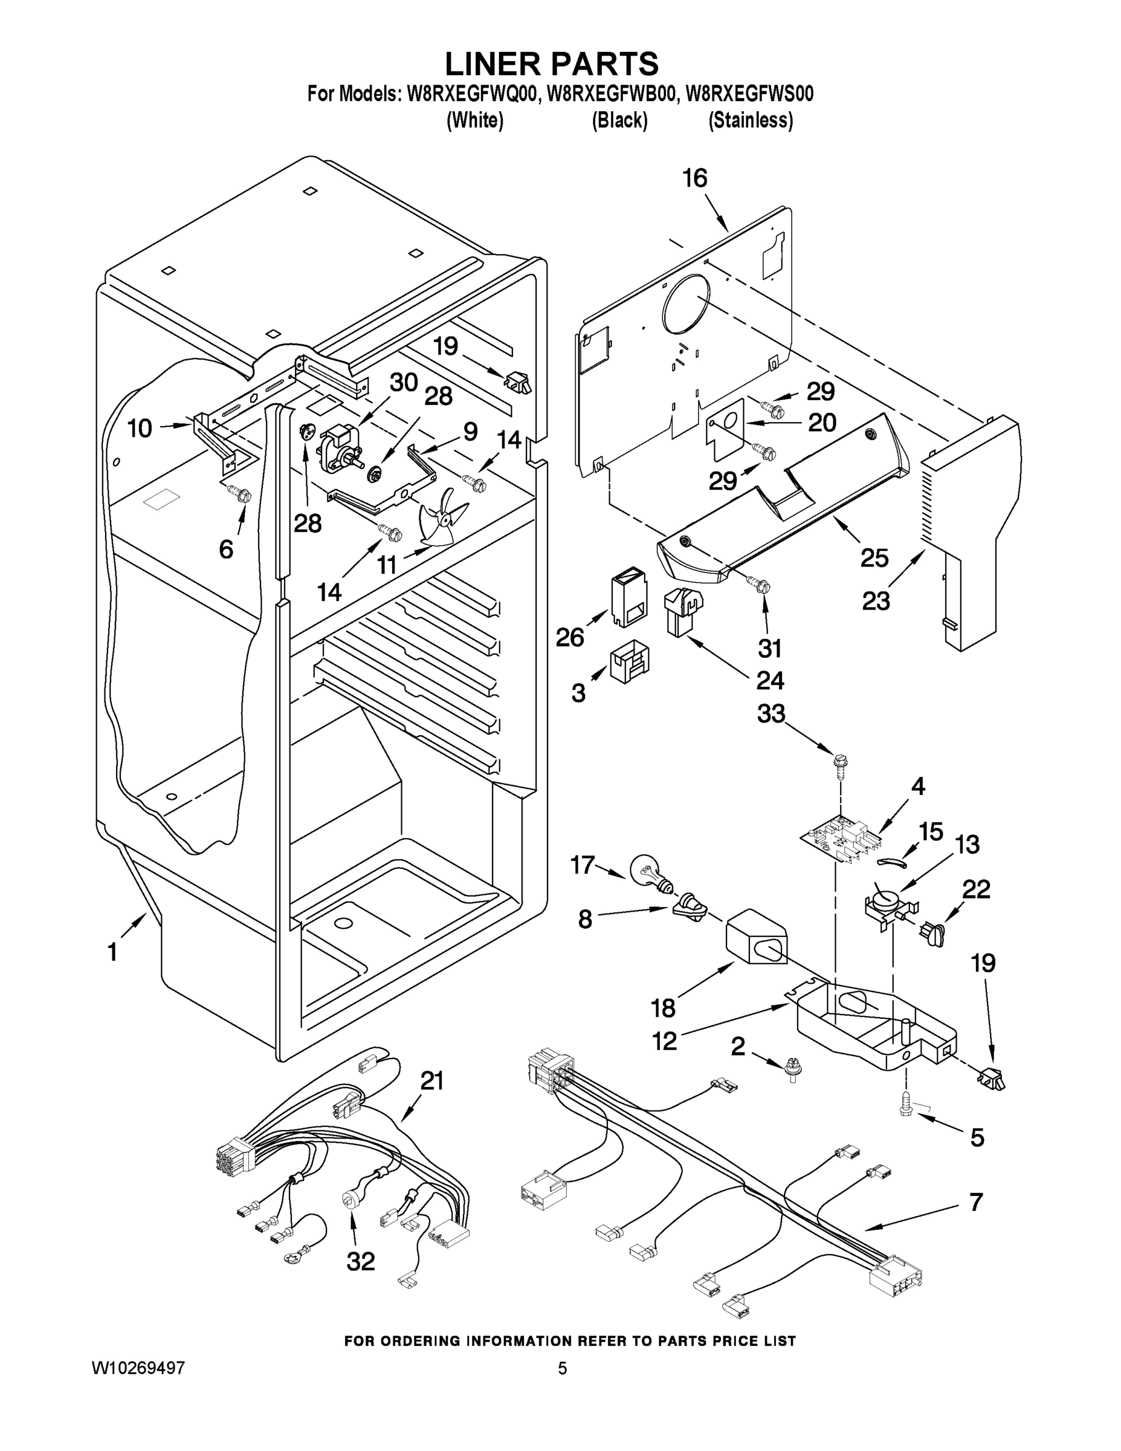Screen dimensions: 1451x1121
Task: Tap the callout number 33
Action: click(x=771, y=713)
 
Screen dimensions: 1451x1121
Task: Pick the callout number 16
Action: click(x=696, y=178)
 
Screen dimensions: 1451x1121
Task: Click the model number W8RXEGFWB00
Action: click(x=610, y=94)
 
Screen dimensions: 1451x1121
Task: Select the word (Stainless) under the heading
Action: click(x=751, y=120)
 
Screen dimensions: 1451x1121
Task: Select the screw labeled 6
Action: click(x=241, y=493)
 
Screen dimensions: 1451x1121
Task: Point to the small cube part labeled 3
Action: click(x=629, y=660)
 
